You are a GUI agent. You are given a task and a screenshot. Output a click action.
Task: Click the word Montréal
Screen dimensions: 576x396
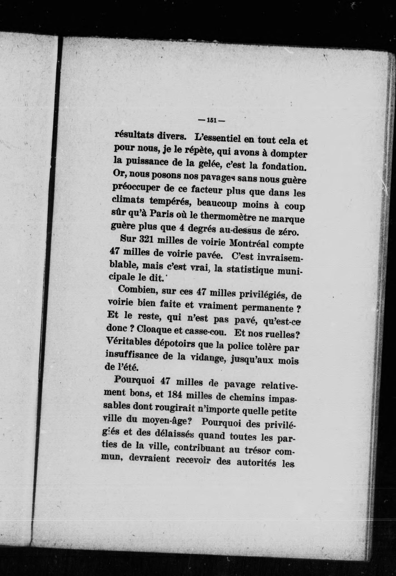click(249, 243)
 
